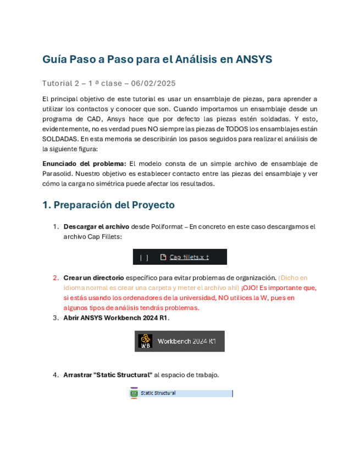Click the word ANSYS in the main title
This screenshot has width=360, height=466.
[x=254, y=59]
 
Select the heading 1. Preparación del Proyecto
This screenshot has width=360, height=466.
[x=108, y=205]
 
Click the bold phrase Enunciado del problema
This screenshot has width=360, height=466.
[x=84, y=164]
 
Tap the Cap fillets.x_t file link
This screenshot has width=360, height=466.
[x=189, y=257]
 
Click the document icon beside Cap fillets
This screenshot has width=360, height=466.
[x=163, y=257]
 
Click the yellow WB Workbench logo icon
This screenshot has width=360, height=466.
[x=145, y=341]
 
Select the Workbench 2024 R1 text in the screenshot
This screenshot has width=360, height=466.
[x=187, y=341]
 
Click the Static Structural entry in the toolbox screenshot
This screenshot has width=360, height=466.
[x=158, y=393]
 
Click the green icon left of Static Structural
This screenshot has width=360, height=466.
[x=134, y=393]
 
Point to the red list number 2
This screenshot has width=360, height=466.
[x=56, y=278]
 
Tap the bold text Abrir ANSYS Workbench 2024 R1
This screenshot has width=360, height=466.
[x=117, y=318]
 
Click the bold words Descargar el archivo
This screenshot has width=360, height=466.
[x=96, y=226]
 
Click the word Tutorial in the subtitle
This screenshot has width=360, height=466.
[x=56, y=84]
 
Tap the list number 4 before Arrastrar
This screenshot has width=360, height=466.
[x=56, y=375]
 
